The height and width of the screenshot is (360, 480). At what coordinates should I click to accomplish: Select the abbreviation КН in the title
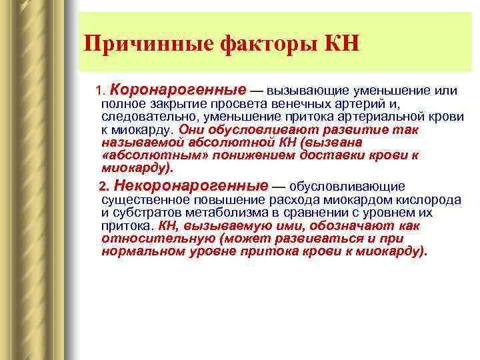pyautogui.click(x=341, y=45)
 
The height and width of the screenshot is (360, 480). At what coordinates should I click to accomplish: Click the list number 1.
pyautogui.click(x=100, y=90)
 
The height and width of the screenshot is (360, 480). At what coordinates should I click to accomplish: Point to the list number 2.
pyautogui.click(x=102, y=187)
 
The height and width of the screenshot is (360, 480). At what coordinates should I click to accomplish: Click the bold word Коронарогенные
pyautogui.click(x=178, y=89)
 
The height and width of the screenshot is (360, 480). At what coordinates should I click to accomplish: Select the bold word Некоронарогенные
pyautogui.click(x=191, y=186)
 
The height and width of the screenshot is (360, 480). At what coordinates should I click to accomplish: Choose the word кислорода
pyautogui.click(x=434, y=200)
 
